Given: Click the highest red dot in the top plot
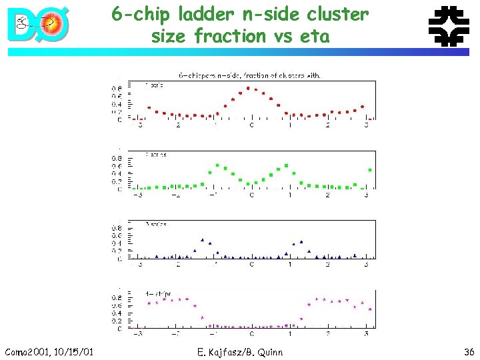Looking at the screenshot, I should point(249,88).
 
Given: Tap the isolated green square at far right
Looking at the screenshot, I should point(369,170).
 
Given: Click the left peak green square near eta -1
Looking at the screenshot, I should point(217,165).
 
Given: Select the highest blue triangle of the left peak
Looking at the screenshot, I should point(202,239).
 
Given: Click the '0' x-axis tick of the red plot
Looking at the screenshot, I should point(251,125).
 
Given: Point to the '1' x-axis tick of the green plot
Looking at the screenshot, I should point(289,195).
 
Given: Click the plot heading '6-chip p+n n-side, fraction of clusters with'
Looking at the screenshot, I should point(248,75).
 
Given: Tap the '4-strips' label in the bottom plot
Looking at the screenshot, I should point(158,293).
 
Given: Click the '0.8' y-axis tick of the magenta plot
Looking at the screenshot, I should point(118,298).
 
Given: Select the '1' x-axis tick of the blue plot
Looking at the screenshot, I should point(289,264).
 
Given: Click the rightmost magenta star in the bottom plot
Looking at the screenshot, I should point(370,309).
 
